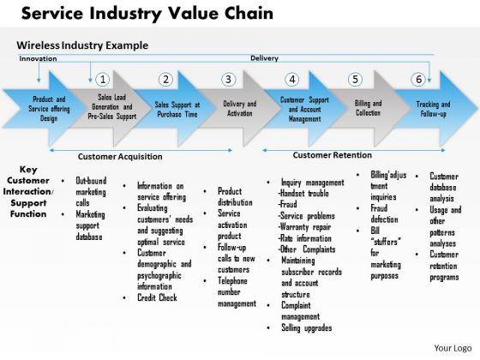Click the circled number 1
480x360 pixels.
coord(103,80)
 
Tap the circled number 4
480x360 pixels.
coord(292,80)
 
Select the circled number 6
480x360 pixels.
coord(418,80)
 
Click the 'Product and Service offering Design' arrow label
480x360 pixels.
coord(49,109)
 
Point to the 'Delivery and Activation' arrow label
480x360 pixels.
coord(240,108)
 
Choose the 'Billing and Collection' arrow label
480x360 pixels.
coord(368,108)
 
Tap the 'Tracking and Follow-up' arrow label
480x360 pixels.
coord(433,109)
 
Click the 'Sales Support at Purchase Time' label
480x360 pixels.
coord(177,110)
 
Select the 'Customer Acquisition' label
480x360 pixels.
coord(120,156)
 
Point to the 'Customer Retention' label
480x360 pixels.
coord(333,155)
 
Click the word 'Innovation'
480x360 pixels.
coord(38,58)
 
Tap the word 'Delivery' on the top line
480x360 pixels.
coord(265,58)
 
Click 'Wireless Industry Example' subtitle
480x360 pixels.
coord(82,45)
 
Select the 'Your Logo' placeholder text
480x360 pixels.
coord(453,348)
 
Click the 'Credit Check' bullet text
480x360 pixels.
coord(157,297)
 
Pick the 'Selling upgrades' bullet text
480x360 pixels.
coord(307,327)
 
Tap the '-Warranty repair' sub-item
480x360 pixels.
coord(304,227)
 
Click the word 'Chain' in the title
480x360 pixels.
coord(249,13)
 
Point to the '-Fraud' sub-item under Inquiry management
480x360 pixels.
coord(287,204)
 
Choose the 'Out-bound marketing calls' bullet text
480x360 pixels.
coord(91,192)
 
